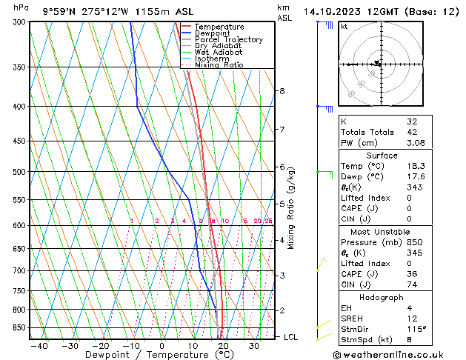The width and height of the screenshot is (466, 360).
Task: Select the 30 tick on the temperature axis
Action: coord(254,346)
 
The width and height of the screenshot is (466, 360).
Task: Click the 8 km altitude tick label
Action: coord(282,91)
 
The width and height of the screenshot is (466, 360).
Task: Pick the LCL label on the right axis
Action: coord(290,337)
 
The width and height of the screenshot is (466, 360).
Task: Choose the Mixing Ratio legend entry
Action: coord(219,65)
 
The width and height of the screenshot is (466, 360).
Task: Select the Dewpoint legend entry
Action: coord(214,33)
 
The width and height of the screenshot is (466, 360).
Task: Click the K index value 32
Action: coord(412,121)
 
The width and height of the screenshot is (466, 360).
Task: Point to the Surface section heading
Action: coord(382,156)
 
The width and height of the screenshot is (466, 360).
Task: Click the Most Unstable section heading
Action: coord(382,232)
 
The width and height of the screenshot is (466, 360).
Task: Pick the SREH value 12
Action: coord(412,319)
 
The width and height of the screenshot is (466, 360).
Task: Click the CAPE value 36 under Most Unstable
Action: coord(412,274)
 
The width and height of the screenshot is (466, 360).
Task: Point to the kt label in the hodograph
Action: coord(344,26)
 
